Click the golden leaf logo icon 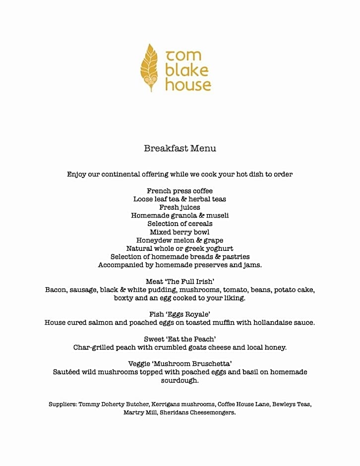point(149,67)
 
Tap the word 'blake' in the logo point(186,70)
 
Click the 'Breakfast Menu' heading point(180,148)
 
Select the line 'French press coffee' point(180,191)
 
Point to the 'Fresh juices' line point(180,207)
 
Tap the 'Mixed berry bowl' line point(180,232)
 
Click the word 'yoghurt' point(217,248)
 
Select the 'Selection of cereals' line point(180,224)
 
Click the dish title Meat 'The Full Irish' point(180,282)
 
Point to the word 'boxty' point(124,298)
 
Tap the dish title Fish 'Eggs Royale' point(180,314)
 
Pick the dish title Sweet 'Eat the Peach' point(180,339)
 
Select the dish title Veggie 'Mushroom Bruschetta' point(180,364)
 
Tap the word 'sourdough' point(180,380)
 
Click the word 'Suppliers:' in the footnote point(62,404)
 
